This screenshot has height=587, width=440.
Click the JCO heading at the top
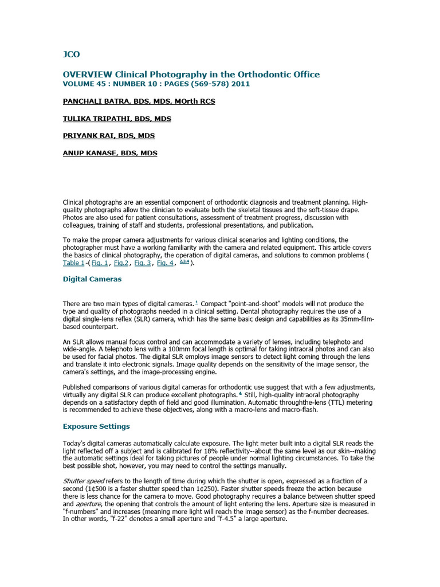(x=71, y=54)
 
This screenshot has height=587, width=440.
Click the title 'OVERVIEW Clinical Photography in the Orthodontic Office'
(x=191, y=75)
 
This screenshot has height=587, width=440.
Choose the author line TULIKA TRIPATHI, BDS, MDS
(x=117, y=119)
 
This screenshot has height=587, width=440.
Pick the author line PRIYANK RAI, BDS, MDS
(x=109, y=136)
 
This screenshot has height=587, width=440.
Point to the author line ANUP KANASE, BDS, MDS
(x=110, y=153)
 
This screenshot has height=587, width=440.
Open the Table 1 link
(x=73, y=263)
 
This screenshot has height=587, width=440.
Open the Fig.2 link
(x=121, y=263)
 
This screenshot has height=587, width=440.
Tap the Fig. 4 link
(x=165, y=263)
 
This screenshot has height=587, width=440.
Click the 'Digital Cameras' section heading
(x=92, y=279)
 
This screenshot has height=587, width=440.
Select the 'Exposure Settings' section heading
(x=96, y=426)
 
